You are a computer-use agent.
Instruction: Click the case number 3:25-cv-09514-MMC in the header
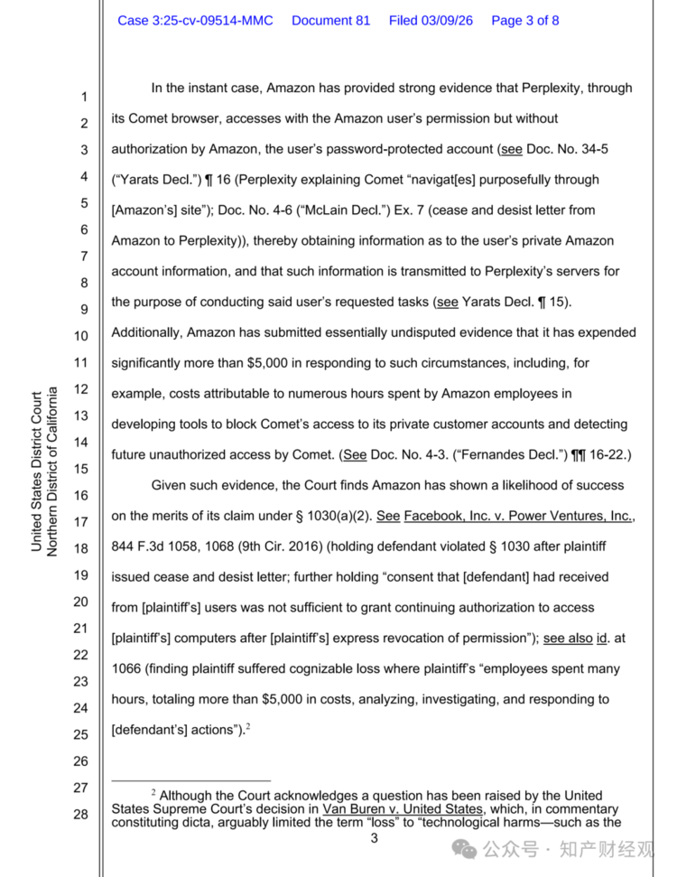(x=195, y=20)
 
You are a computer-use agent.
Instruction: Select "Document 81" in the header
(x=330, y=20)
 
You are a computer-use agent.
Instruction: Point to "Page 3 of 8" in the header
(x=524, y=20)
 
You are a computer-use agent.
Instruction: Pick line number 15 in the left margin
(x=80, y=469)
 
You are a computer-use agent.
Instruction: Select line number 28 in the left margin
(x=80, y=815)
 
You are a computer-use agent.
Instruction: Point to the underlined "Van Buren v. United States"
(x=403, y=809)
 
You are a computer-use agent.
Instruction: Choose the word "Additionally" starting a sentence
(x=146, y=332)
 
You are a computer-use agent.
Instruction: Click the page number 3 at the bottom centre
(x=373, y=839)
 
